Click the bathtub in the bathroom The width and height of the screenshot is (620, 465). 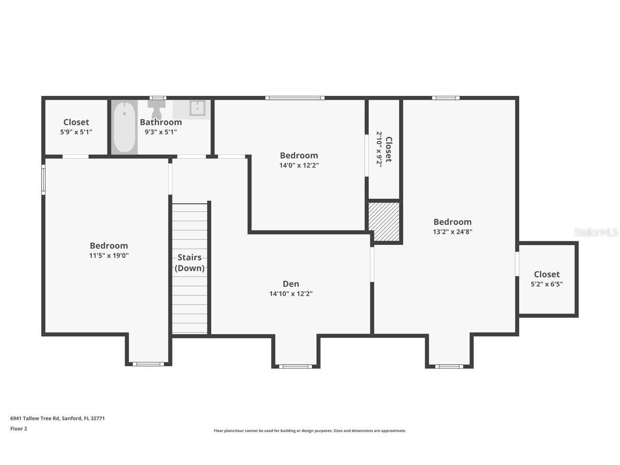(124, 127)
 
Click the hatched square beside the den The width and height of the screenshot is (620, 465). (384, 221)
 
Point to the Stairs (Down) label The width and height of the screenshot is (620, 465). (189, 263)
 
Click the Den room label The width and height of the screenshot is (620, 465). (291, 284)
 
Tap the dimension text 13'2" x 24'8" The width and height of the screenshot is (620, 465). (452, 232)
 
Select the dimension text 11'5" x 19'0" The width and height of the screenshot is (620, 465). (108, 255)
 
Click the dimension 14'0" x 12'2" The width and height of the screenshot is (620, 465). (299, 165)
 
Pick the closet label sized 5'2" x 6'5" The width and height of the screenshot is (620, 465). (546, 274)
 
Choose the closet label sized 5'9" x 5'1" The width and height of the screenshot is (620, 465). (76, 122)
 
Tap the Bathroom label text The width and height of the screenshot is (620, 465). (161, 122)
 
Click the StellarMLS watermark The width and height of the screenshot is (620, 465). (596, 232)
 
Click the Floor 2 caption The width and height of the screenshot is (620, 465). (19, 429)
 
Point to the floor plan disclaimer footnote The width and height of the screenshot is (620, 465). (310, 431)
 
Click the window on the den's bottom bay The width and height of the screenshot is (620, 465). (295, 366)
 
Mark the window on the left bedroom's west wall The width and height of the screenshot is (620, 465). (43, 180)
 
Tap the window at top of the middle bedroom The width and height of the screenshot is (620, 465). (294, 98)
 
